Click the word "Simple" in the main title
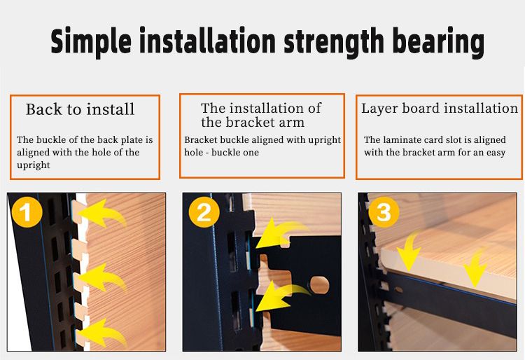tap(91, 41)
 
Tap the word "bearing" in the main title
tap(438, 41)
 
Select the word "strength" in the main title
tap(334, 41)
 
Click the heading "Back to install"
tap(80, 109)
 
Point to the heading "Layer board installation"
tap(440, 109)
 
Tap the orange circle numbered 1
tap(27, 212)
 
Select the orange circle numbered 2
tap(204, 212)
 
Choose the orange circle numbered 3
tap(384, 212)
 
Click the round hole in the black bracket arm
tap(319, 284)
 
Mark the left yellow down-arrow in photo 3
tap(409, 251)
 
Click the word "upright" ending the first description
tap(34, 165)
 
